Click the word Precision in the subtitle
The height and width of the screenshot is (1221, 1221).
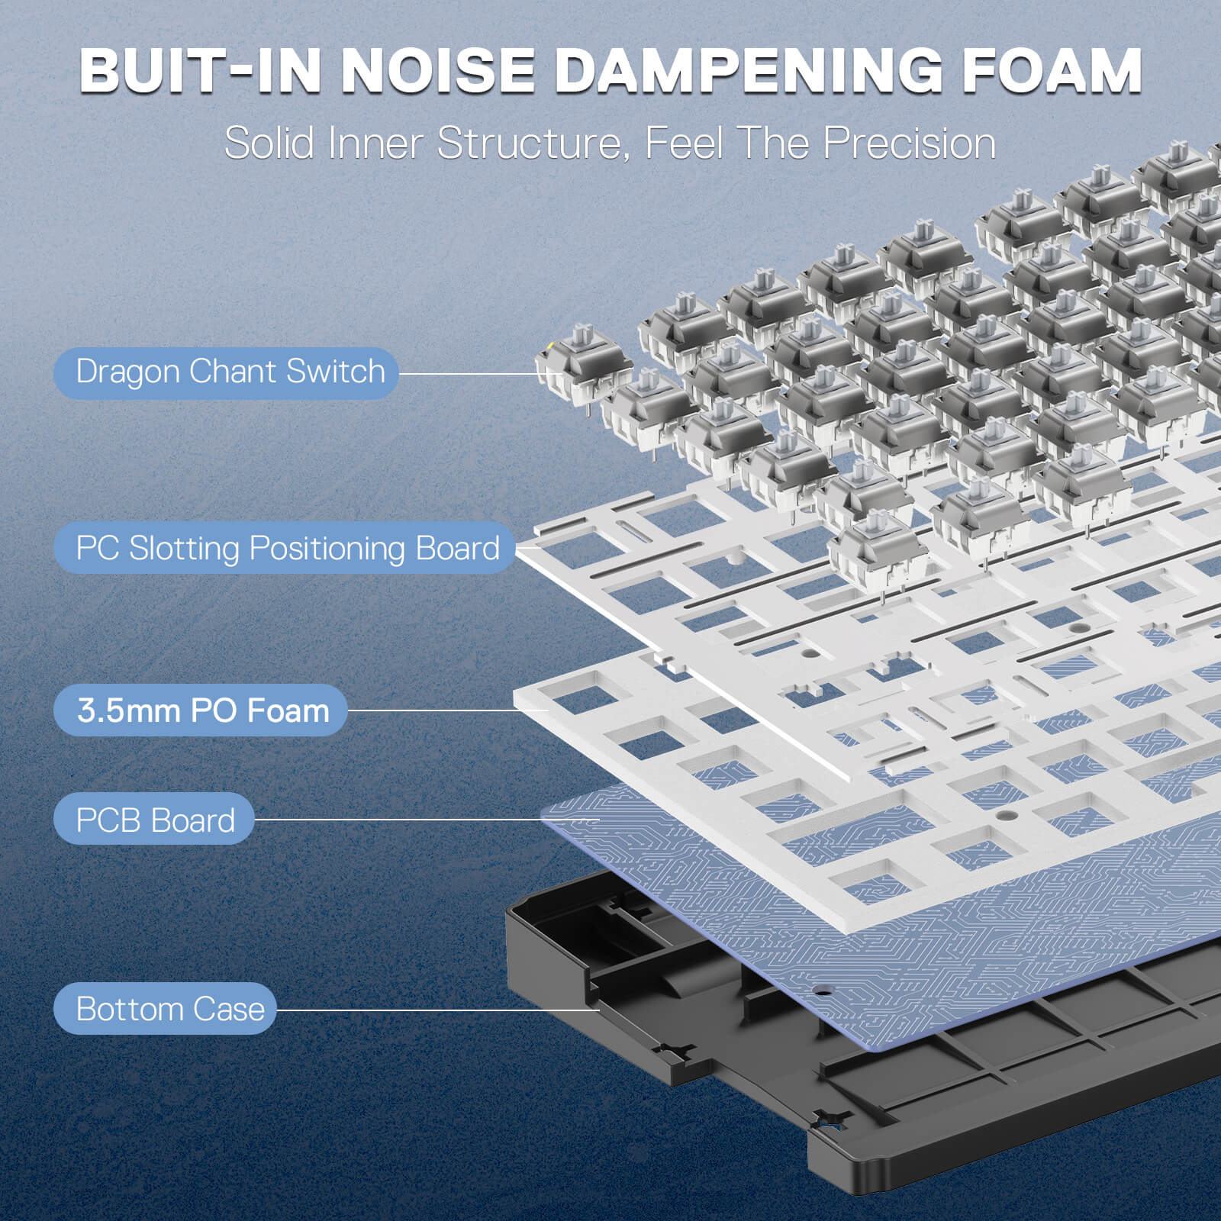pos(909,143)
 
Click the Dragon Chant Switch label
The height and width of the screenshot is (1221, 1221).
pos(227,372)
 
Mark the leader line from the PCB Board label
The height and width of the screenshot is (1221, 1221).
pos(397,820)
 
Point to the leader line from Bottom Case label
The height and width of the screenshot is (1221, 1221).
pos(435,1010)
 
